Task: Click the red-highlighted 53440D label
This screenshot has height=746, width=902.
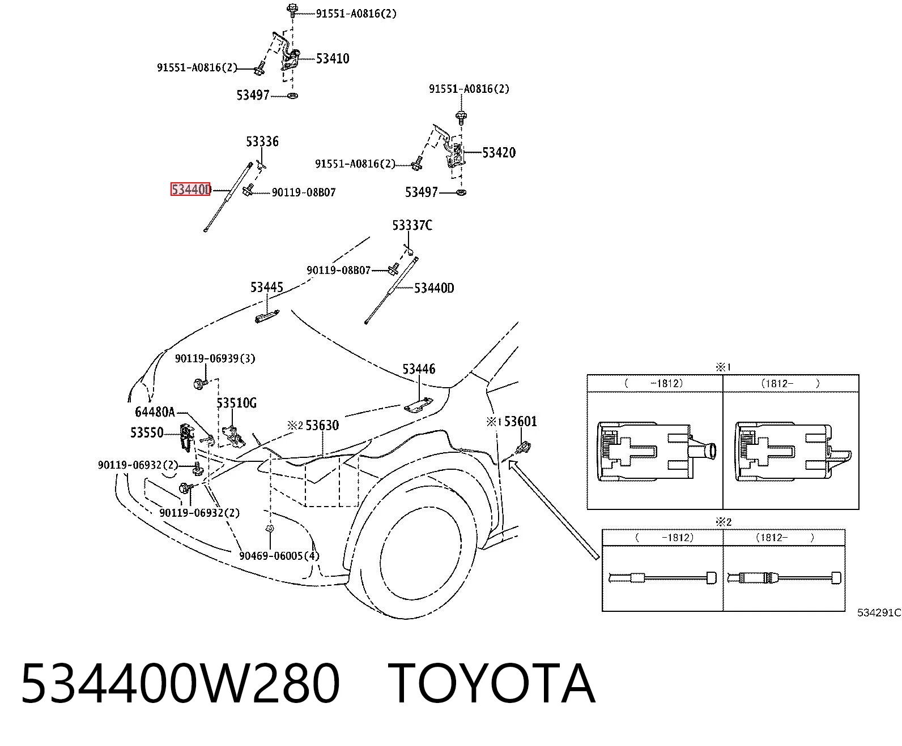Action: (190, 189)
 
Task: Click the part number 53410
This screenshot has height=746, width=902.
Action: (332, 58)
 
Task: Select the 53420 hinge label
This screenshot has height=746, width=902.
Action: (499, 152)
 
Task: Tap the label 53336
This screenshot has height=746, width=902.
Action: (262, 141)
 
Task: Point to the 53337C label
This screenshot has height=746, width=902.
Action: (412, 225)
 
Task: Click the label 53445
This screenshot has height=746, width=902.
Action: (266, 287)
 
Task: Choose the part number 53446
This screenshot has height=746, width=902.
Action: (419, 369)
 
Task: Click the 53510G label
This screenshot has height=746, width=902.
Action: (236, 403)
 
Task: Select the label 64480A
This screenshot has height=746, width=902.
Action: (155, 412)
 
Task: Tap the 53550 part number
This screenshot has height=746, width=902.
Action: (147, 432)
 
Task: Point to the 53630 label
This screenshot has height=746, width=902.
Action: (322, 425)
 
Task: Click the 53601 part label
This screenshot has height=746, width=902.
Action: (520, 421)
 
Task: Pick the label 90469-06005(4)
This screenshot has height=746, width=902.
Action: (279, 556)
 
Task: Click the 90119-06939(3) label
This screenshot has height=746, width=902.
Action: (215, 358)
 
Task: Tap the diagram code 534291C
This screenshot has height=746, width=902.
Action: (879, 612)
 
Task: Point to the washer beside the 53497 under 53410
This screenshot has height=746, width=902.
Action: (292, 96)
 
